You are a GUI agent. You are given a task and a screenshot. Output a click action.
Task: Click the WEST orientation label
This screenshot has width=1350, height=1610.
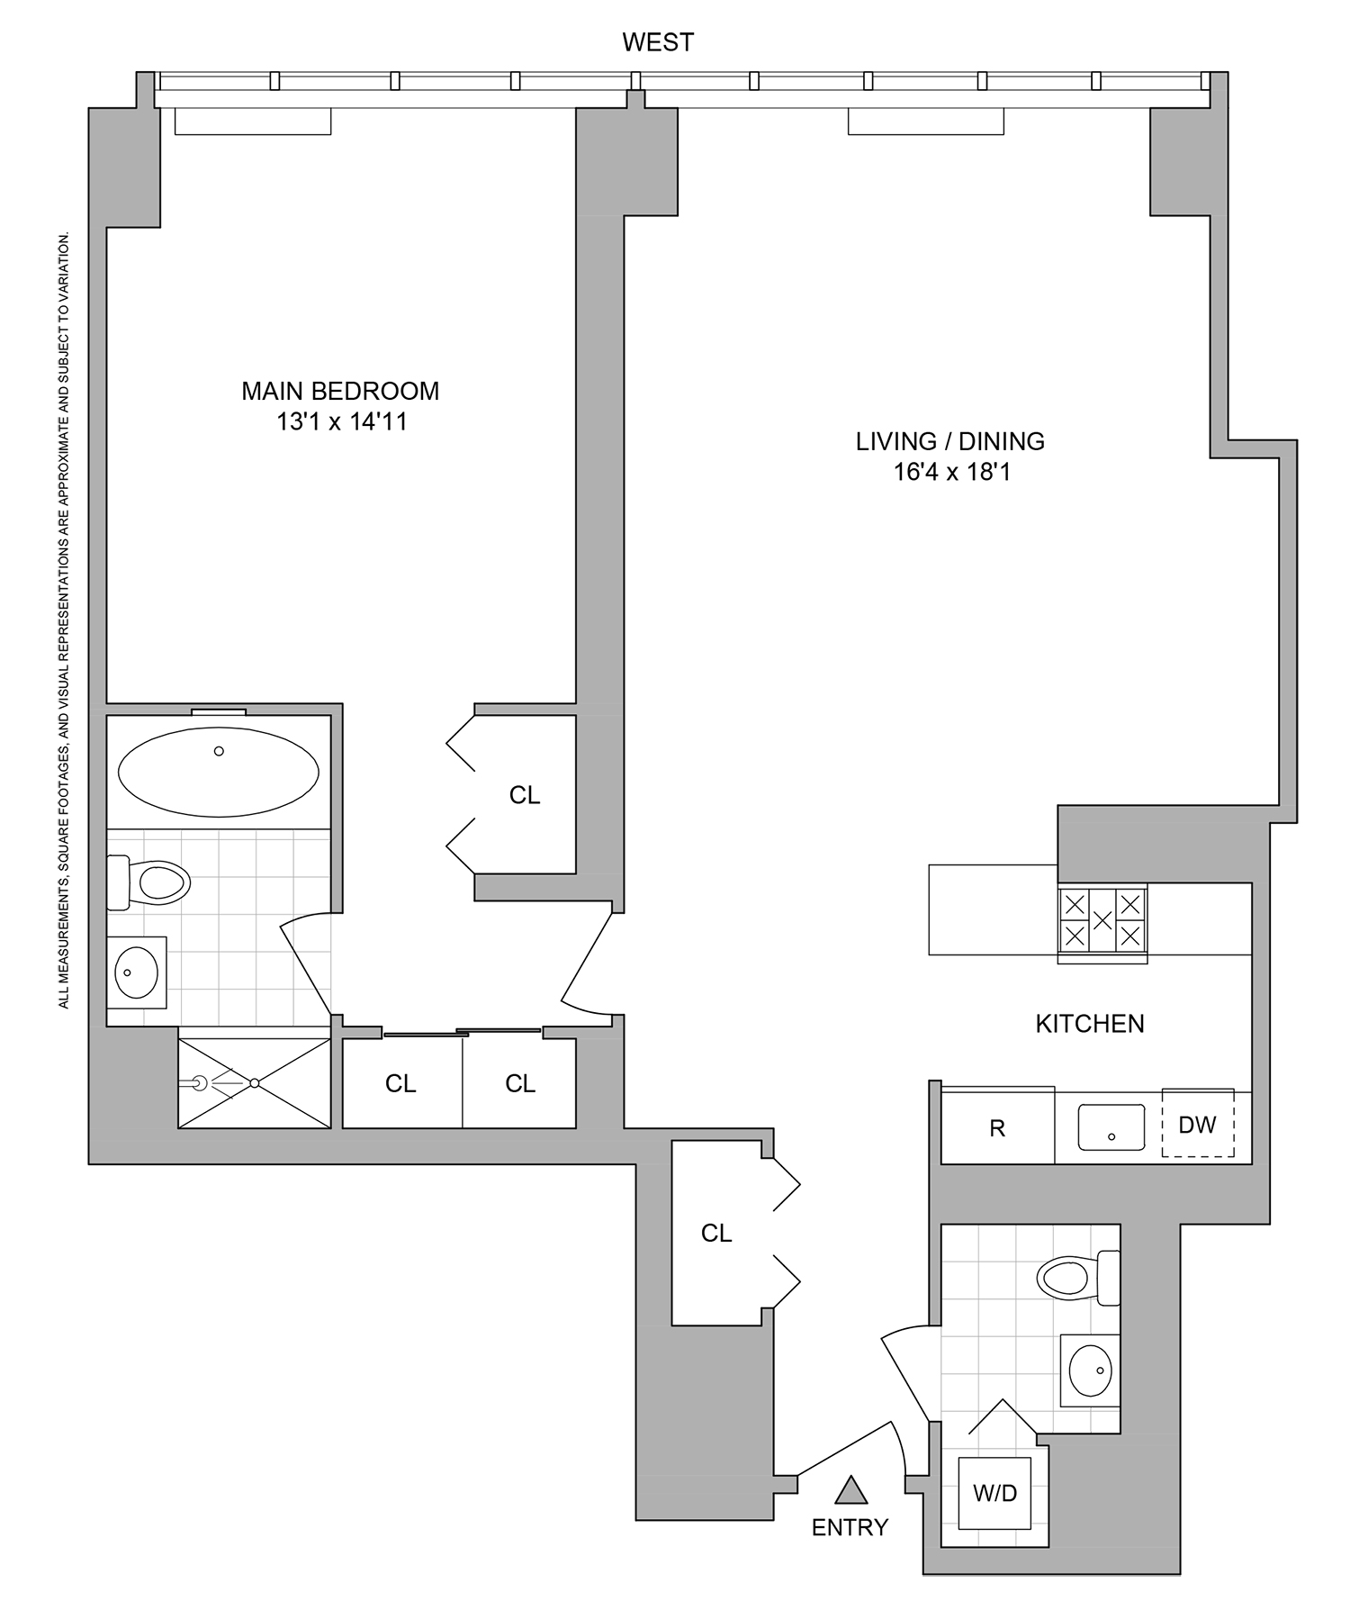coord(658,42)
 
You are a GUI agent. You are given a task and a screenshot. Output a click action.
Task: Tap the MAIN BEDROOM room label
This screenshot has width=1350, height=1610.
coord(340,391)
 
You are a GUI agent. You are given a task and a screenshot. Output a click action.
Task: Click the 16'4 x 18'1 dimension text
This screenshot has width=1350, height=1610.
coord(951,472)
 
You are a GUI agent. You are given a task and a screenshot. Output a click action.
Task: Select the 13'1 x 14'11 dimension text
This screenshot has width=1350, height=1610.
coord(341,421)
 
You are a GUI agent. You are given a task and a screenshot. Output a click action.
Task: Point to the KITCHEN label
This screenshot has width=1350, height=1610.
coord(1089,1024)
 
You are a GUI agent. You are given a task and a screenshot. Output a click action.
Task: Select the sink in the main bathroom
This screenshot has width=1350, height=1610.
coord(137,972)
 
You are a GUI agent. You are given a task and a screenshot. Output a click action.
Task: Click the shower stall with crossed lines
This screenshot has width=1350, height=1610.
coord(255,1082)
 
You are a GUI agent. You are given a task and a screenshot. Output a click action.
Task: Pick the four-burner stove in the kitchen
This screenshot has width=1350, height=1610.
coord(1102,920)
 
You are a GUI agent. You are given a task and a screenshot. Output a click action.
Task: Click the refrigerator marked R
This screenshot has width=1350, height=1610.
coord(997,1128)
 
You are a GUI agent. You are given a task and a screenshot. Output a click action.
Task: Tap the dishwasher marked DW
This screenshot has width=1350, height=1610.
coord(1197,1125)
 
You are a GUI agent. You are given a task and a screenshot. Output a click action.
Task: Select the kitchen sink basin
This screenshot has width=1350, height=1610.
coord(1111,1128)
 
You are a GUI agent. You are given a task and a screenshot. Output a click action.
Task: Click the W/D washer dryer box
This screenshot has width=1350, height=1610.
coord(994,1493)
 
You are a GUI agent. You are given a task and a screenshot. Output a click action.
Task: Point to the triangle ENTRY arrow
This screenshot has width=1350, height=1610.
coord(850,1490)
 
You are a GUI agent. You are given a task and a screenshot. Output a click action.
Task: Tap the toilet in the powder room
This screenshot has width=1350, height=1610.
coord(1076,1277)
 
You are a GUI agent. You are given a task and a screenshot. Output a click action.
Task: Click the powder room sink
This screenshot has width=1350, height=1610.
coord(1091,1370)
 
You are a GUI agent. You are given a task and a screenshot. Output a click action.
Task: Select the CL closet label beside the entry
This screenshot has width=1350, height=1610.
coord(716,1234)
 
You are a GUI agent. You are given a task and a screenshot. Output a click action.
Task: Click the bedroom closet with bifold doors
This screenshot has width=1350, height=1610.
coord(525,795)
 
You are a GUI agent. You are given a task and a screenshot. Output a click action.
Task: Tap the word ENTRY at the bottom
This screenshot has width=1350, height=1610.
coord(850,1527)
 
